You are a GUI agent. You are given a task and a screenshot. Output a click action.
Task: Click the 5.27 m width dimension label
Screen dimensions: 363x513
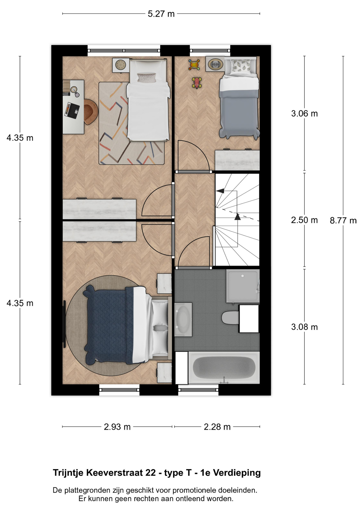pos(161,14)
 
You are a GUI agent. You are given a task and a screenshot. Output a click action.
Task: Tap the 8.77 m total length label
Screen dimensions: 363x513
pos(343,220)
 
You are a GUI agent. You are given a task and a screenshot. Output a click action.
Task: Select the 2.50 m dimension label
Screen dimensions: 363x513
pos(304,220)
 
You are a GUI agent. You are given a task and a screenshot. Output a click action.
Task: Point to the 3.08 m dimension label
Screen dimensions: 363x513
pos(304,327)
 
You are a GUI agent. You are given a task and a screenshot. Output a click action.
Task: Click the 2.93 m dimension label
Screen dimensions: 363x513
pos(117,427)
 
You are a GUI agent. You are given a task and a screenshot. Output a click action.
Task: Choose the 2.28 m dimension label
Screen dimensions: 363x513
pos(217,427)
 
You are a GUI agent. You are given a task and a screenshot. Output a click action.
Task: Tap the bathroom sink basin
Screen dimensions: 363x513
pos(183,319)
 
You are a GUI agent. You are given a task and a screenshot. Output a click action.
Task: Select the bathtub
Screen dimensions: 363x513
pos(224,368)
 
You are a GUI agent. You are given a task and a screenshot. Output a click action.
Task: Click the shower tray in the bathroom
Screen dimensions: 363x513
pos(243,286)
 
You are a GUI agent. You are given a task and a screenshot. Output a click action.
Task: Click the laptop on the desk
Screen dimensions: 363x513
pos(72,110)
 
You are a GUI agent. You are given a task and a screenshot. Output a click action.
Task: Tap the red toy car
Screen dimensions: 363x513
pos(196,83)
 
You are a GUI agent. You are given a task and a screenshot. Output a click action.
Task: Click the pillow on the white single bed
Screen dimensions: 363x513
pos(146,77)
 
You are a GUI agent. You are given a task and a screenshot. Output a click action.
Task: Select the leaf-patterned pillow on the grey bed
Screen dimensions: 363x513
pos(241,66)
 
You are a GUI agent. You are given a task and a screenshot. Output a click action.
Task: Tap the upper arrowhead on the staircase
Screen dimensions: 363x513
pos(220,191)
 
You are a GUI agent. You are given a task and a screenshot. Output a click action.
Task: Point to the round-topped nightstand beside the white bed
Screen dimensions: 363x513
pos(121,65)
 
